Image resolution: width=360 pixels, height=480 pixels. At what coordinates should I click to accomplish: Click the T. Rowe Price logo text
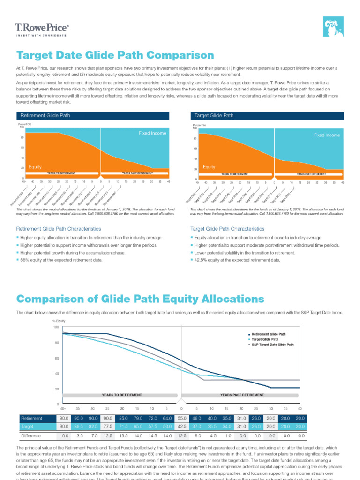tap(42, 28)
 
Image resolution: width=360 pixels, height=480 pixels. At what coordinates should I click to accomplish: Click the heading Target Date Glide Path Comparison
tap(115, 56)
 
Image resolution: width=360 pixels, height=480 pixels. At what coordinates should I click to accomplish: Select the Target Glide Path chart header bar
tap(267, 115)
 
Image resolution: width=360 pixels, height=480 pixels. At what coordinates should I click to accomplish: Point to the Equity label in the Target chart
tap(210, 166)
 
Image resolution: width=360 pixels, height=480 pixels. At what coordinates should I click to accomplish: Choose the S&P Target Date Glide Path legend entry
tap(273, 345)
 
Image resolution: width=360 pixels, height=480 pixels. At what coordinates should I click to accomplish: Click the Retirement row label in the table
tap(31, 418)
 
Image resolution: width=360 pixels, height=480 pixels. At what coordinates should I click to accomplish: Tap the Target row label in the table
tap(27, 427)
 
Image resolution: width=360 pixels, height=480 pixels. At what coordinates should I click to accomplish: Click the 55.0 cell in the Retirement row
tap(182, 418)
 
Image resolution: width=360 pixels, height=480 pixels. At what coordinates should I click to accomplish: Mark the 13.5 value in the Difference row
tap(122, 436)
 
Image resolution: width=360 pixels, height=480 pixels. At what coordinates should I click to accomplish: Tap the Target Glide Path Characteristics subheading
tap(227, 229)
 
